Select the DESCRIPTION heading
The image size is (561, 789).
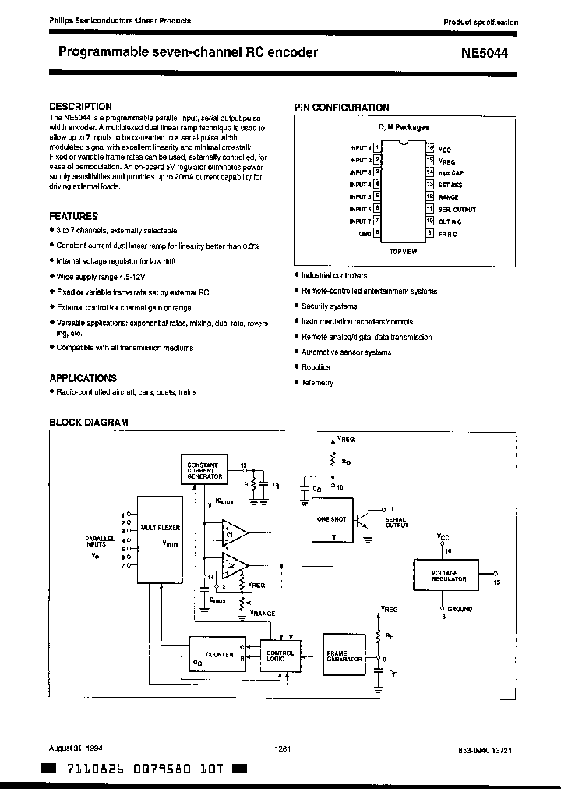coord(80,106)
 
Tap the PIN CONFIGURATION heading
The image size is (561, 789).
coord(341,108)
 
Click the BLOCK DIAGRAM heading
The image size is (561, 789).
coord(88,422)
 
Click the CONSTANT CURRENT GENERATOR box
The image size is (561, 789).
coord(204,469)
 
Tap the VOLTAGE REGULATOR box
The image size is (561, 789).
coord(449,577)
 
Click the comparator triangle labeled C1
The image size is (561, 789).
coord(233,533)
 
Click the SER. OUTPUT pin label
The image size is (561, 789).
coord(457,209)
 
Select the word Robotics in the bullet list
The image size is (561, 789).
coord(316,367)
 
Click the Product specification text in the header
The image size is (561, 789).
coord(480,23)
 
